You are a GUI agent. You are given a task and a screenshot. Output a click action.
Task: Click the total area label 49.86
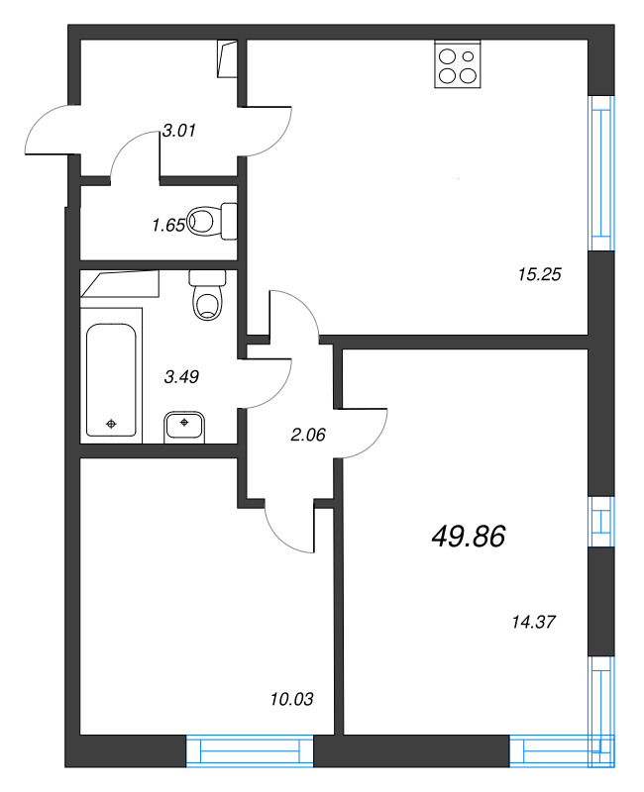[469, 537]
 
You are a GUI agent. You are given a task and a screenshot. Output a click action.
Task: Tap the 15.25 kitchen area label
[540, 275]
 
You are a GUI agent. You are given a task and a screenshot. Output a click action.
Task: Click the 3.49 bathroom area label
[181, 375]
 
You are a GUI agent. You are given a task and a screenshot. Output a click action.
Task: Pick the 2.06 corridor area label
[306, 433]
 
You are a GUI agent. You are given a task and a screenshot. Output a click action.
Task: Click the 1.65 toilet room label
[167, 225]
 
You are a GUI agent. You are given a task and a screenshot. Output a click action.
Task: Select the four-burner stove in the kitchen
[458, 64]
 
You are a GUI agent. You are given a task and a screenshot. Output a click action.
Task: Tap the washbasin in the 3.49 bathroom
[184, 428]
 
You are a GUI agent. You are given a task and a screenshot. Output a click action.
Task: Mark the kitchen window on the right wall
[600, 173]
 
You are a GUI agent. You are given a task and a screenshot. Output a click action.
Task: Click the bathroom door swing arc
[269, 382]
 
